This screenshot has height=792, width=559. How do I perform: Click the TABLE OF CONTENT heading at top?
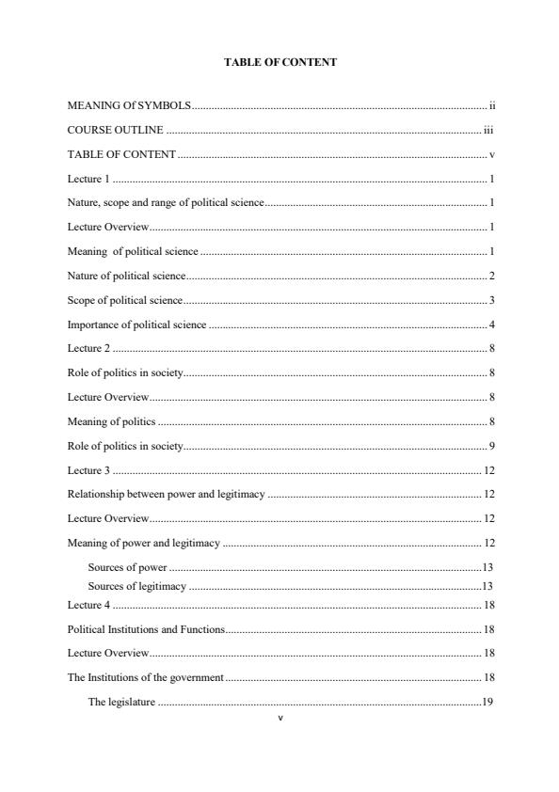tap(279, 62)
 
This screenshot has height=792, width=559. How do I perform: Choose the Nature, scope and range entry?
tap(166, 202)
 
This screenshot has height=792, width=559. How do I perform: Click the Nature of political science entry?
tap(126, 276)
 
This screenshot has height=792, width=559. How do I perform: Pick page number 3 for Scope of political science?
tap(492, 300)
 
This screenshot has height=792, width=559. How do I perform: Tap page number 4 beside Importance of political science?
tap(492, 325)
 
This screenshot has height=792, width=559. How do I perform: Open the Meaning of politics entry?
tap(111, 421)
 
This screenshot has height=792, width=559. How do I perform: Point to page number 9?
tap(492, 446)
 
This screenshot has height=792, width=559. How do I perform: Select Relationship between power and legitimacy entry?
tap(167, 495)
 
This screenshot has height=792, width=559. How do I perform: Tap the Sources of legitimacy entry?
tap(137, 585)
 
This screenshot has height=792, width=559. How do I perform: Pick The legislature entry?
tap(121, 702)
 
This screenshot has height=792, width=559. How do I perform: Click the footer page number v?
tap(279, 719)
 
